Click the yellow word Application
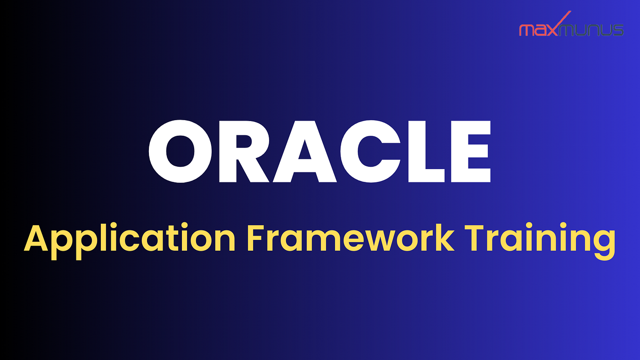[x=130, y=239]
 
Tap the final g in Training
[x=605, y=243]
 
